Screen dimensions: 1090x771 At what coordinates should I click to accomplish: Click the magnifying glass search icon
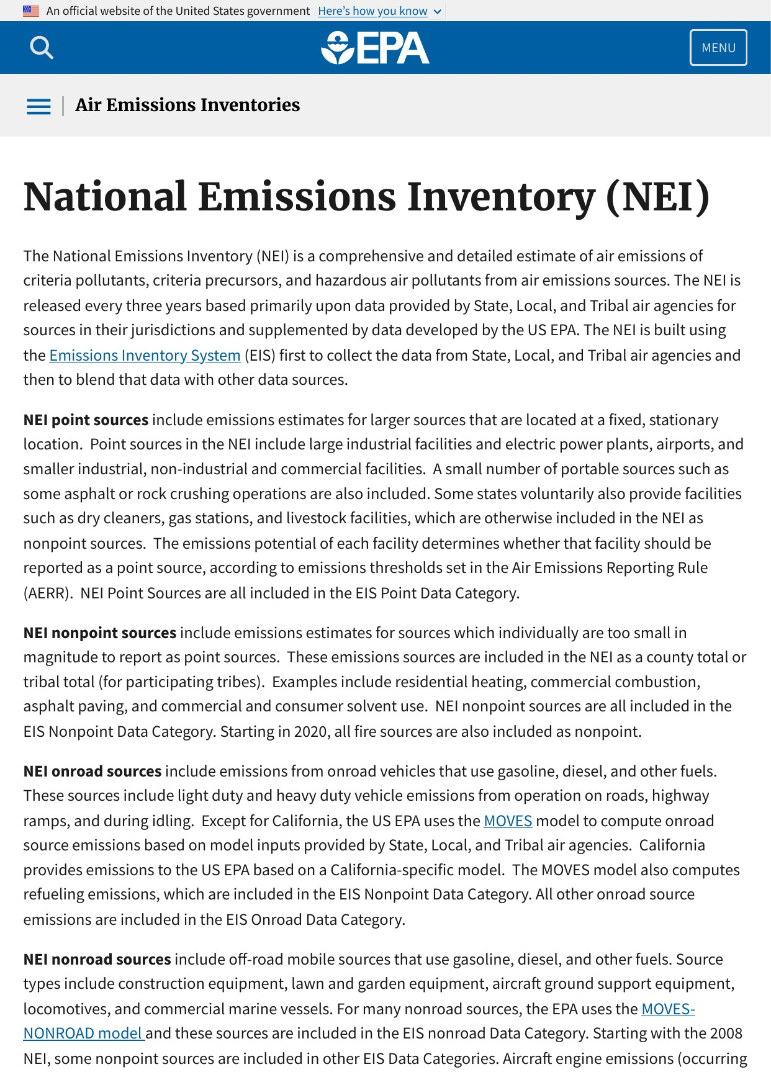coord(42,48)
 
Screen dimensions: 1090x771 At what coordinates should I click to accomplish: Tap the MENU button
coord(718,48)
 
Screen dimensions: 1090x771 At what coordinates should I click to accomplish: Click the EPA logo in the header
coord(375,48)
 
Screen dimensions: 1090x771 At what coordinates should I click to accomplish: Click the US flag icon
coord(31,11)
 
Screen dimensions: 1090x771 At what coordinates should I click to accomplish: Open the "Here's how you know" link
coord(372,11)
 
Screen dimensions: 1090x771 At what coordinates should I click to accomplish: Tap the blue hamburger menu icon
coord(38,106)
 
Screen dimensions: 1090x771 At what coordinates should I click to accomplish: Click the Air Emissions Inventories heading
coord(187,105)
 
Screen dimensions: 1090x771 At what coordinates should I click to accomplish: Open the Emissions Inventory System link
coord(145,355)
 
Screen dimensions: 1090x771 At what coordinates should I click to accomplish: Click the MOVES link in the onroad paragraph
coord(508,821)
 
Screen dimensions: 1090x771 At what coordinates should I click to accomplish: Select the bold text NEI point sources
coord(86,420)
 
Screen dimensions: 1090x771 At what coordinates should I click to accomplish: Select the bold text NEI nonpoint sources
coord(100,633)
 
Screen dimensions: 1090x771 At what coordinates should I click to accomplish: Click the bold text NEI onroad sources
coord(92,772)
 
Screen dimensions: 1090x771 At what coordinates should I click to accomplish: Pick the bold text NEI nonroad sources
coord(97,960)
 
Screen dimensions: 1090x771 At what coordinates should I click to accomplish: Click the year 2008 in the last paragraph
coord(726,1034)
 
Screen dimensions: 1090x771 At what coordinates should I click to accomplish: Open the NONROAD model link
coord(83,1034)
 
